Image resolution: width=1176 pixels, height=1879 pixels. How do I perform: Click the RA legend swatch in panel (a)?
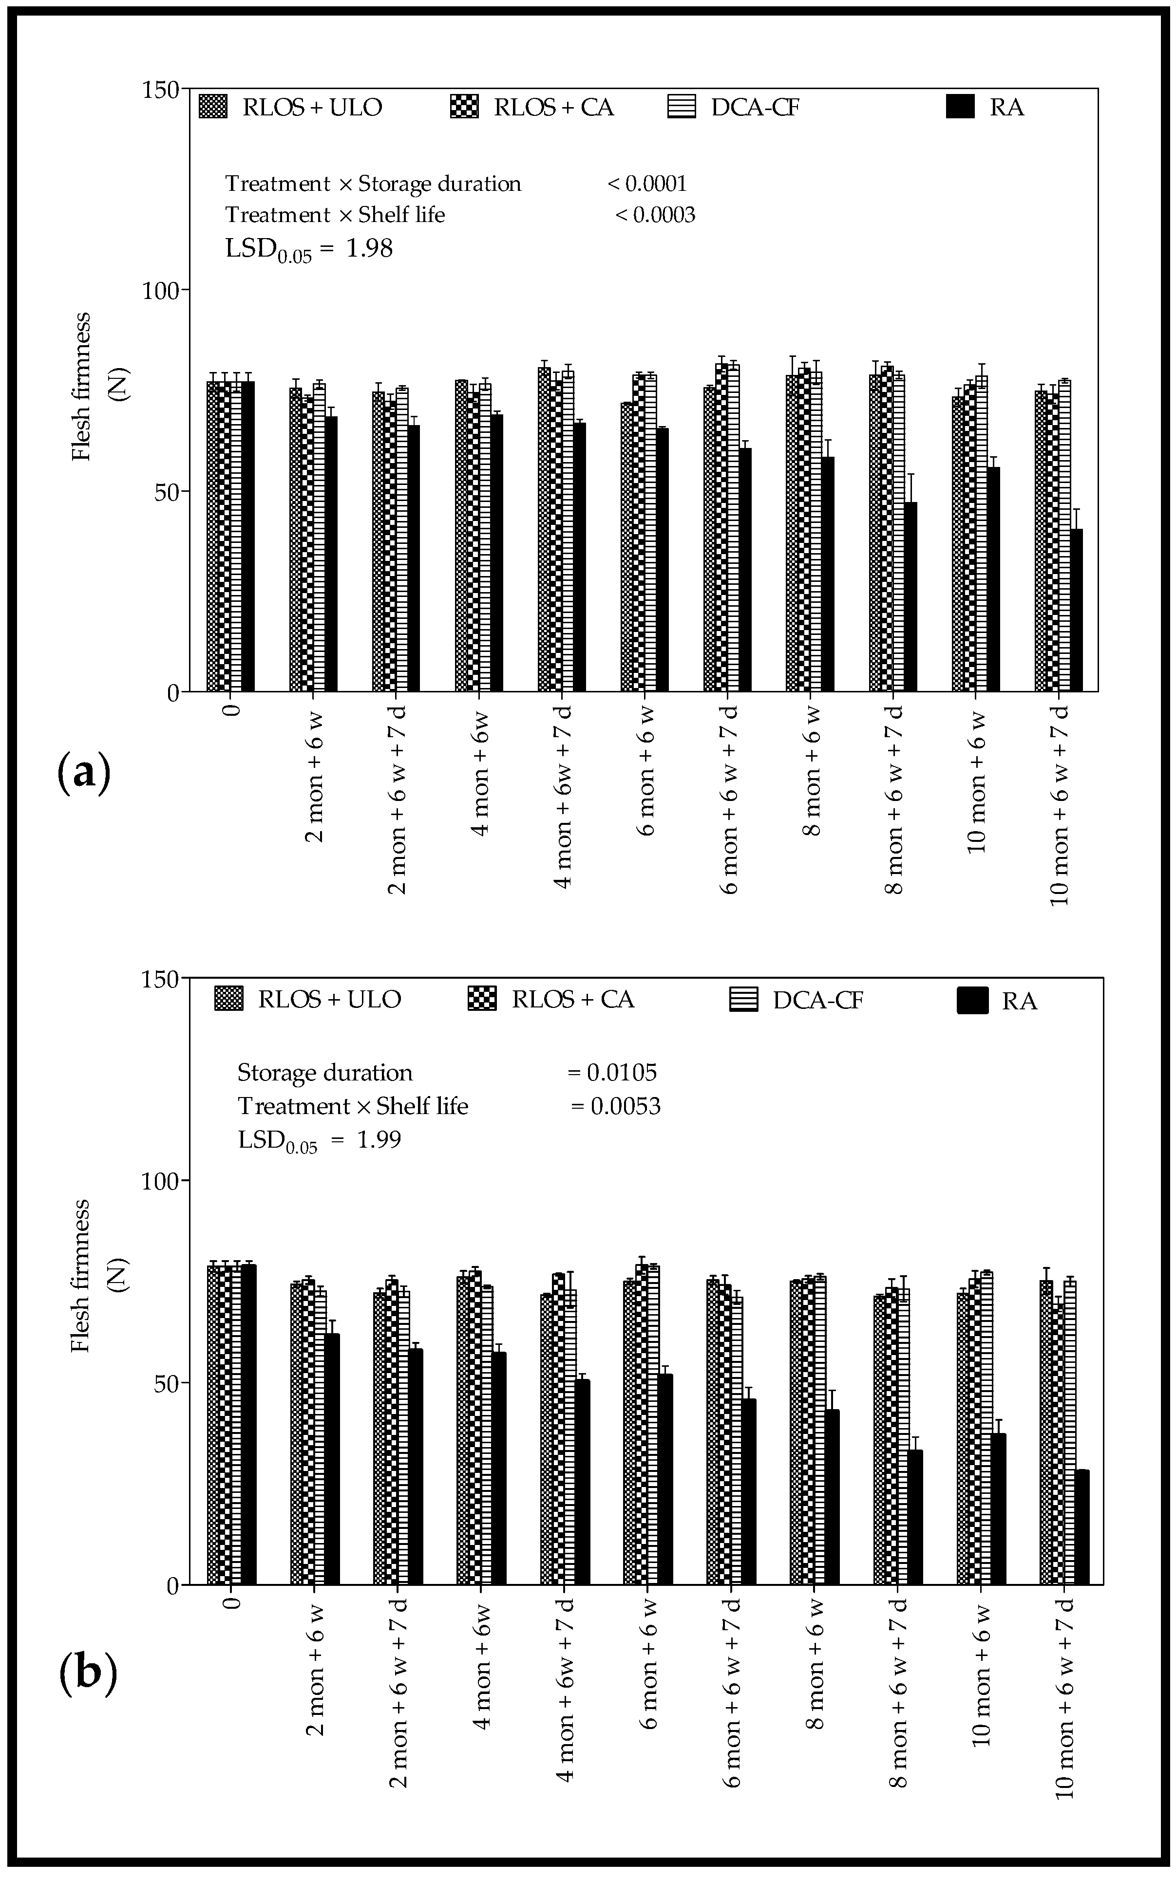[960, 107]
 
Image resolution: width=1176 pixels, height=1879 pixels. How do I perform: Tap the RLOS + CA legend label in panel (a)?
[554, 107]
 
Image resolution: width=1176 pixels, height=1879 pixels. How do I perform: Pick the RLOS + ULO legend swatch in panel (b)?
[228, 999]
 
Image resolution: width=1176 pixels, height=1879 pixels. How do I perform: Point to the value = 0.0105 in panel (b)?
[612, 1073]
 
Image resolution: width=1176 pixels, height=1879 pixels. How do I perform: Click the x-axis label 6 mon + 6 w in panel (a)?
[646, 771]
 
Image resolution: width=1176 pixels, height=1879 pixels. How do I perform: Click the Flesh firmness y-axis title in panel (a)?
[82, 387]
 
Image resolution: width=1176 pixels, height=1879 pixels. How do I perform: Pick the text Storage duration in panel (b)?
[325, 1073]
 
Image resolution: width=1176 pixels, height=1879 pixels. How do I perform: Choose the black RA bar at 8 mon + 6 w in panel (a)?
[828, 574]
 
